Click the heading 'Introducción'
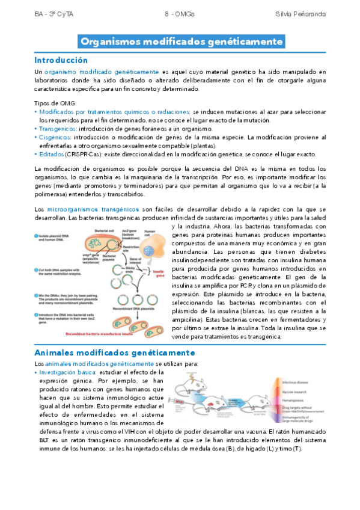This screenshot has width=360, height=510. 61,60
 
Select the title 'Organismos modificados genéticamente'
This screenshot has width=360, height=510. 182,42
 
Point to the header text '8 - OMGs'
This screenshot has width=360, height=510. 180,13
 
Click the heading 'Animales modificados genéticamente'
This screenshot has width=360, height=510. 115,352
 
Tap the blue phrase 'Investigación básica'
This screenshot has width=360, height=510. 67,373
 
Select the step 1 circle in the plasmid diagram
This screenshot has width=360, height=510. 37,235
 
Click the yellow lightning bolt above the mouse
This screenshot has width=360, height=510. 191,377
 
